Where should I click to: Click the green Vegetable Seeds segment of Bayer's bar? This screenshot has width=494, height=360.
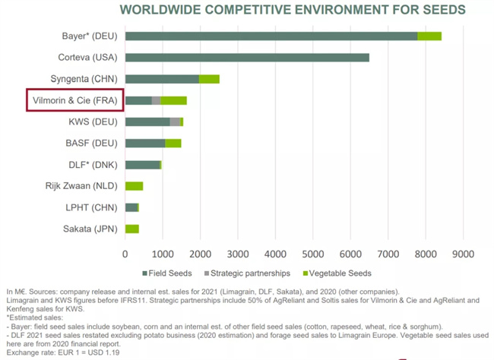[429, 36]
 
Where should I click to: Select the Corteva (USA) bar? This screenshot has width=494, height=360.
[247, 58]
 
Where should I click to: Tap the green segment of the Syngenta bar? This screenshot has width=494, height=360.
[209, 79]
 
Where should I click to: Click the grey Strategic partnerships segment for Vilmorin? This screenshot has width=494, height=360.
[157, 100]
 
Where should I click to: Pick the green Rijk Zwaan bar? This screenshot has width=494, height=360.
[135, 185]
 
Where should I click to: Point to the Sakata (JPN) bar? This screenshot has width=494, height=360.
[132, 228]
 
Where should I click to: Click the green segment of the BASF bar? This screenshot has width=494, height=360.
[173, 143]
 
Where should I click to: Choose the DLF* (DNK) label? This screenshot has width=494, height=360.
[90, 164]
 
